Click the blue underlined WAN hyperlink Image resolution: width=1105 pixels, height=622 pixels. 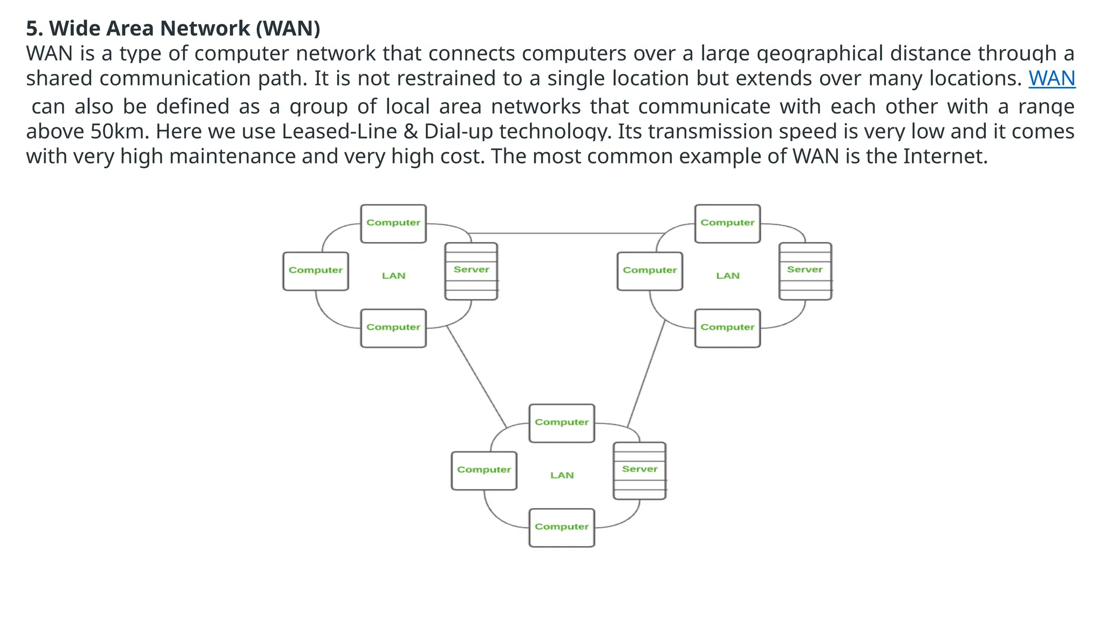click(x=1052, y=79)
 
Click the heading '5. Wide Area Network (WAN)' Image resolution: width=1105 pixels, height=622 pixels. click(x=173, y=28)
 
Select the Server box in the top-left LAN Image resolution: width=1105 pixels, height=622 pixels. click(x=471, y=271)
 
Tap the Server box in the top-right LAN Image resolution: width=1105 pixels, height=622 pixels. click(x=805, y=271)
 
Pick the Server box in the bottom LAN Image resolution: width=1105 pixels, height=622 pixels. click(x=639, y=471)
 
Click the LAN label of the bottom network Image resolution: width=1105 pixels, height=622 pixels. click(x=562, y=475)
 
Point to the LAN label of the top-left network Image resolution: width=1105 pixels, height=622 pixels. click(x=393, y=276)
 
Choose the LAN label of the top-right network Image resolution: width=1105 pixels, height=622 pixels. click(x=727, y=276)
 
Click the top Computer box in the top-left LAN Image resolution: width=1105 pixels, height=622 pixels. click(x=393, y=224)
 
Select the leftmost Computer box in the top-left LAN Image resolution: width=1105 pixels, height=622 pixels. click(x=316, y=271)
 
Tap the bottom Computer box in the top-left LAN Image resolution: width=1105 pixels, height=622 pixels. click(x=393, y=328)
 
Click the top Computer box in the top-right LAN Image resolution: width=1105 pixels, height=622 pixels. click(x=727, y=224)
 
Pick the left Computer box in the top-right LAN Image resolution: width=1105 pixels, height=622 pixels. click(x=650, y=271)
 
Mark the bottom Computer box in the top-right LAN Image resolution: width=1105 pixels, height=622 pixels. click(x=727, y=328)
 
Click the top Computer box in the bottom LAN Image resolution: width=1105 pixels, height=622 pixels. click(x=562, y=423)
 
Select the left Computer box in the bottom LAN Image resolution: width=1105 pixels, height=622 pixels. click(x=484, y=471)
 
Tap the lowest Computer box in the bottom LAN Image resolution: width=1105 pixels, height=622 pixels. click(x=562, y=528)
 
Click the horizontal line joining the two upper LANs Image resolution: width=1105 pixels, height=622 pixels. click(x=567, y=233)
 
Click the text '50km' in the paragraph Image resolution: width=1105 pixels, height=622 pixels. click(x=119, y=132)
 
